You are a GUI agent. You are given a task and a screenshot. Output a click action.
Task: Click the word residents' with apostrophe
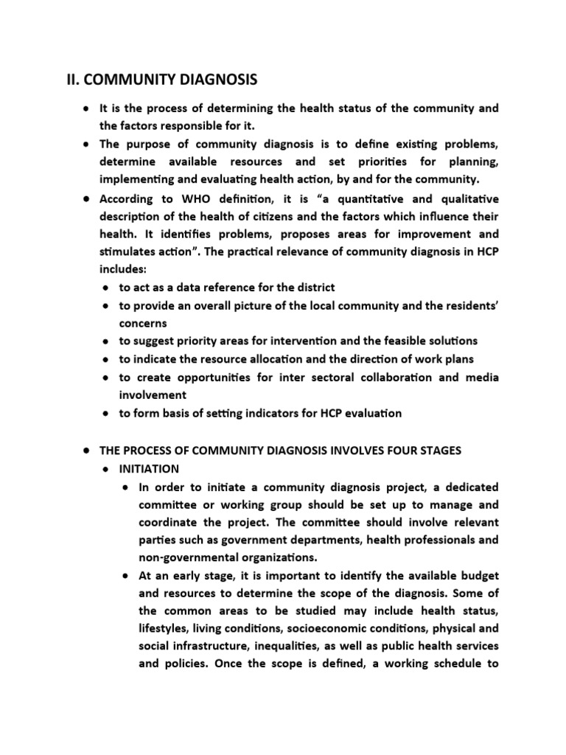(x=469, y=305)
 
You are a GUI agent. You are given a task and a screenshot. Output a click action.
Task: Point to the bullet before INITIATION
(x=107, y=468)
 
